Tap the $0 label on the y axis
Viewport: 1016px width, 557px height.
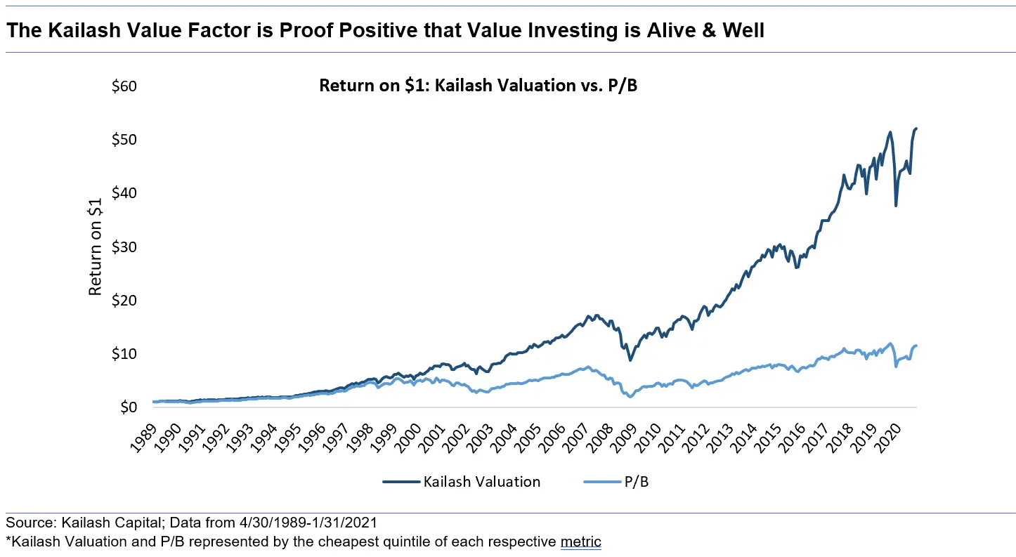point(126,407)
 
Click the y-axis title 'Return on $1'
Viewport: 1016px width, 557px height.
point(96,247)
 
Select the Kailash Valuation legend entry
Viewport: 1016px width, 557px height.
point(462,481)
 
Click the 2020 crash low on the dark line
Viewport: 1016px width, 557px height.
point(895,205)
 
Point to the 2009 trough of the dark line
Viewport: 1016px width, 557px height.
point(630,360)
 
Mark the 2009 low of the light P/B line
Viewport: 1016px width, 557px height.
point(630,397)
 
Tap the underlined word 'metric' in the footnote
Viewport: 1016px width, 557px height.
point(580,542)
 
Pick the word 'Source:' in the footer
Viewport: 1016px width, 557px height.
point(29,523)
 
